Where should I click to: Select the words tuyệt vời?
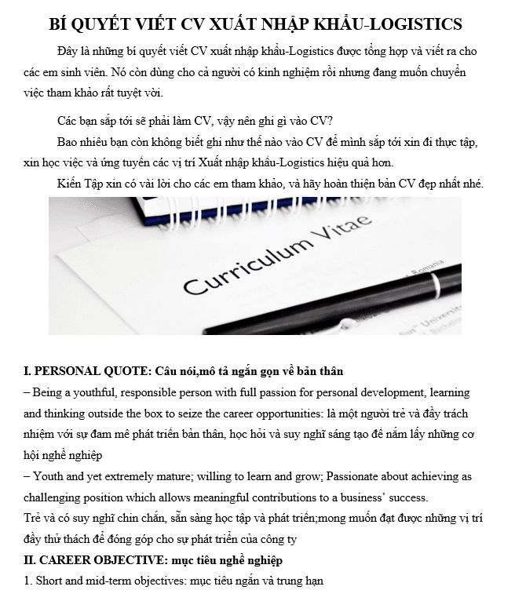pyautogui.click(x=142, y=93)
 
